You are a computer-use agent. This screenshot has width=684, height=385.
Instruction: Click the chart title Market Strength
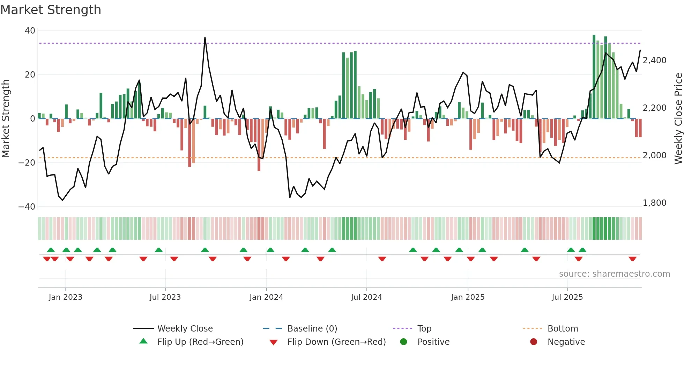[51, 10]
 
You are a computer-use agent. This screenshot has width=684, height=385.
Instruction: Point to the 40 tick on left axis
[30, 31]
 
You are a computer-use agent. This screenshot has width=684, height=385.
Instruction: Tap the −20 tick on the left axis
[27, 162]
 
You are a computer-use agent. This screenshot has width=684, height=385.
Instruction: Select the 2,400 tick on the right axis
[654, 60]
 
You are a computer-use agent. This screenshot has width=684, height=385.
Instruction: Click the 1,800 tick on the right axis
[654, 203]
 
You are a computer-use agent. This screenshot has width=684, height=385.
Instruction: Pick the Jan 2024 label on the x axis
[266, 297]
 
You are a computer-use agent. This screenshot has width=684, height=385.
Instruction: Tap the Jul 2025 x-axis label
[567, 297]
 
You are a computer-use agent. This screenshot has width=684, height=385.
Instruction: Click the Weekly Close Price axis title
[678, 118]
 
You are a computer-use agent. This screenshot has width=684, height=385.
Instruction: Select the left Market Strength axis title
[6, 118]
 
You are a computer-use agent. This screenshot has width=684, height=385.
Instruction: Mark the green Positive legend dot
[404, 342]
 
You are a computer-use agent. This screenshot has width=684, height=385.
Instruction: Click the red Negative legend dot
[534, 342]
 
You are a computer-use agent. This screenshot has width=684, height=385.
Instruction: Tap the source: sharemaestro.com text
[614, 274]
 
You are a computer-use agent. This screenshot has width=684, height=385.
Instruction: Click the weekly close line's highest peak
[205, 37]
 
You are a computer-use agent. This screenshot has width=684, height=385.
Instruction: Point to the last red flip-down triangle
[632, 259]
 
